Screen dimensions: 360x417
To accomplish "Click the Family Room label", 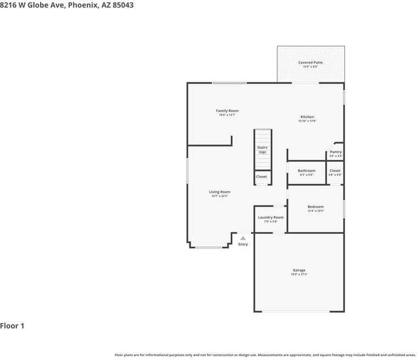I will (227, 111).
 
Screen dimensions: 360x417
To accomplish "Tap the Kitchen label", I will (307, 117).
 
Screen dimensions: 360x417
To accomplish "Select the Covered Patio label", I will (310, 63).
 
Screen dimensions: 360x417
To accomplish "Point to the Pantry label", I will (336, 152).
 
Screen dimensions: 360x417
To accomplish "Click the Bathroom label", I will (307, 171).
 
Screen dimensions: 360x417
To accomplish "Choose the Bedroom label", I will (315, 207).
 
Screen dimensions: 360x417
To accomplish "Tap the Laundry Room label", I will (271, 218).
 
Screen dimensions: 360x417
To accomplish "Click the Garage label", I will (299, 270).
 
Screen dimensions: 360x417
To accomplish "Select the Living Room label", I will (219, 192).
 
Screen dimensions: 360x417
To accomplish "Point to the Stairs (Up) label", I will (263, 149).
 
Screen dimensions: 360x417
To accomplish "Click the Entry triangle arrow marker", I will (243, 238).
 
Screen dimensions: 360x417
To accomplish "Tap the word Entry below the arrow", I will (243, 245).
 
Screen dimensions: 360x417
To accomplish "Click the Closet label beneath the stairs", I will (262, 177).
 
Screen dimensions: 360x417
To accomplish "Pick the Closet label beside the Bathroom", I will (335, 171).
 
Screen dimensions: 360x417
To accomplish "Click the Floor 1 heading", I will (12, 326).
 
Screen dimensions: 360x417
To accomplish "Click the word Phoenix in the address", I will (83, 5).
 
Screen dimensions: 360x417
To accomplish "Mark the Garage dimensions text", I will (299, 274).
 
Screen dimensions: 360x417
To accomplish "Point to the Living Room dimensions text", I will (219, 196).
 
